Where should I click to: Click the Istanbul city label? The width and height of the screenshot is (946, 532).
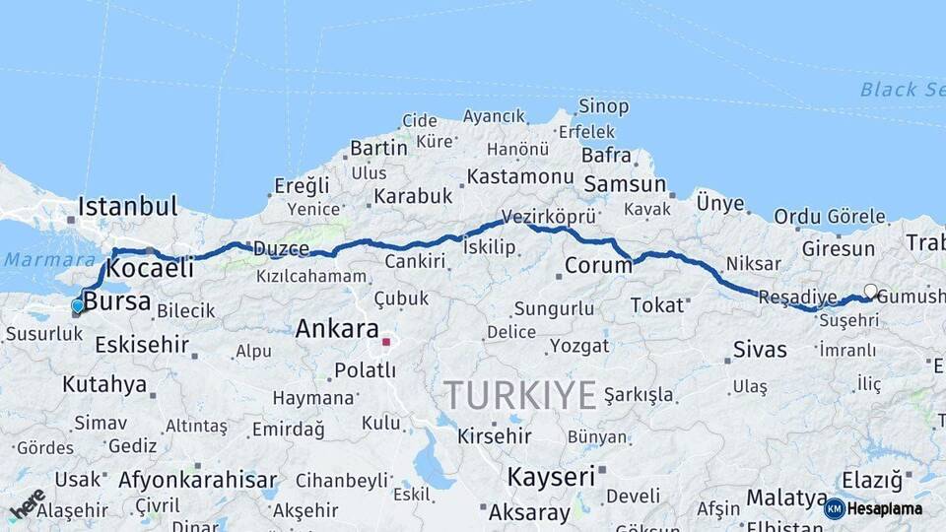pyautogui.click(x=127, y=207)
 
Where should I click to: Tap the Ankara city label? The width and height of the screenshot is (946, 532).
pyautogui.click(x=337, y=328)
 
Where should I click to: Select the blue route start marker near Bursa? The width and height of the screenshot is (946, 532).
pyautogui.click(x=78, y=306)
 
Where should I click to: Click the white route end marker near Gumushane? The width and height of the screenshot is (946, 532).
pyautogui.click(x=870, y=291)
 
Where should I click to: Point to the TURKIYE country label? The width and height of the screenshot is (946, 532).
pyautogui.click(x=519, y=395)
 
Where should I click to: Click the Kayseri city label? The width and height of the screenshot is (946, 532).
pyautogui.click(x=551, y=477)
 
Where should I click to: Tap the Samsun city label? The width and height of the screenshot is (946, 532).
pyautogui.click(x=625, y=184)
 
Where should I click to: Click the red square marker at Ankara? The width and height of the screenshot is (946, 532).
pyautogui.click(x=386, y=343)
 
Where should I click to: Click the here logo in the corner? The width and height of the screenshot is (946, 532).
pyautogui.click(x=27, y=503)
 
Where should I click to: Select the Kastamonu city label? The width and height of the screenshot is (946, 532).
pyautogui.click(x=519, y=176)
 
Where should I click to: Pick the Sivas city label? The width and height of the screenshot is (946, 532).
pyautogui.click(x=760, y=350)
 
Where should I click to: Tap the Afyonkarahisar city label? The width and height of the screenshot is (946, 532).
pyautogui.click(x=197, y=481)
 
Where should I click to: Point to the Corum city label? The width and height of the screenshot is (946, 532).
pyautogui.click(x=598, y=266)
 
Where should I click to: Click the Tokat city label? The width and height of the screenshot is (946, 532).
pyautogui.click(x=656, y=304)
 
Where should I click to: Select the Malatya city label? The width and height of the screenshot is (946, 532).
pyautogui.click(x=786, y=498)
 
